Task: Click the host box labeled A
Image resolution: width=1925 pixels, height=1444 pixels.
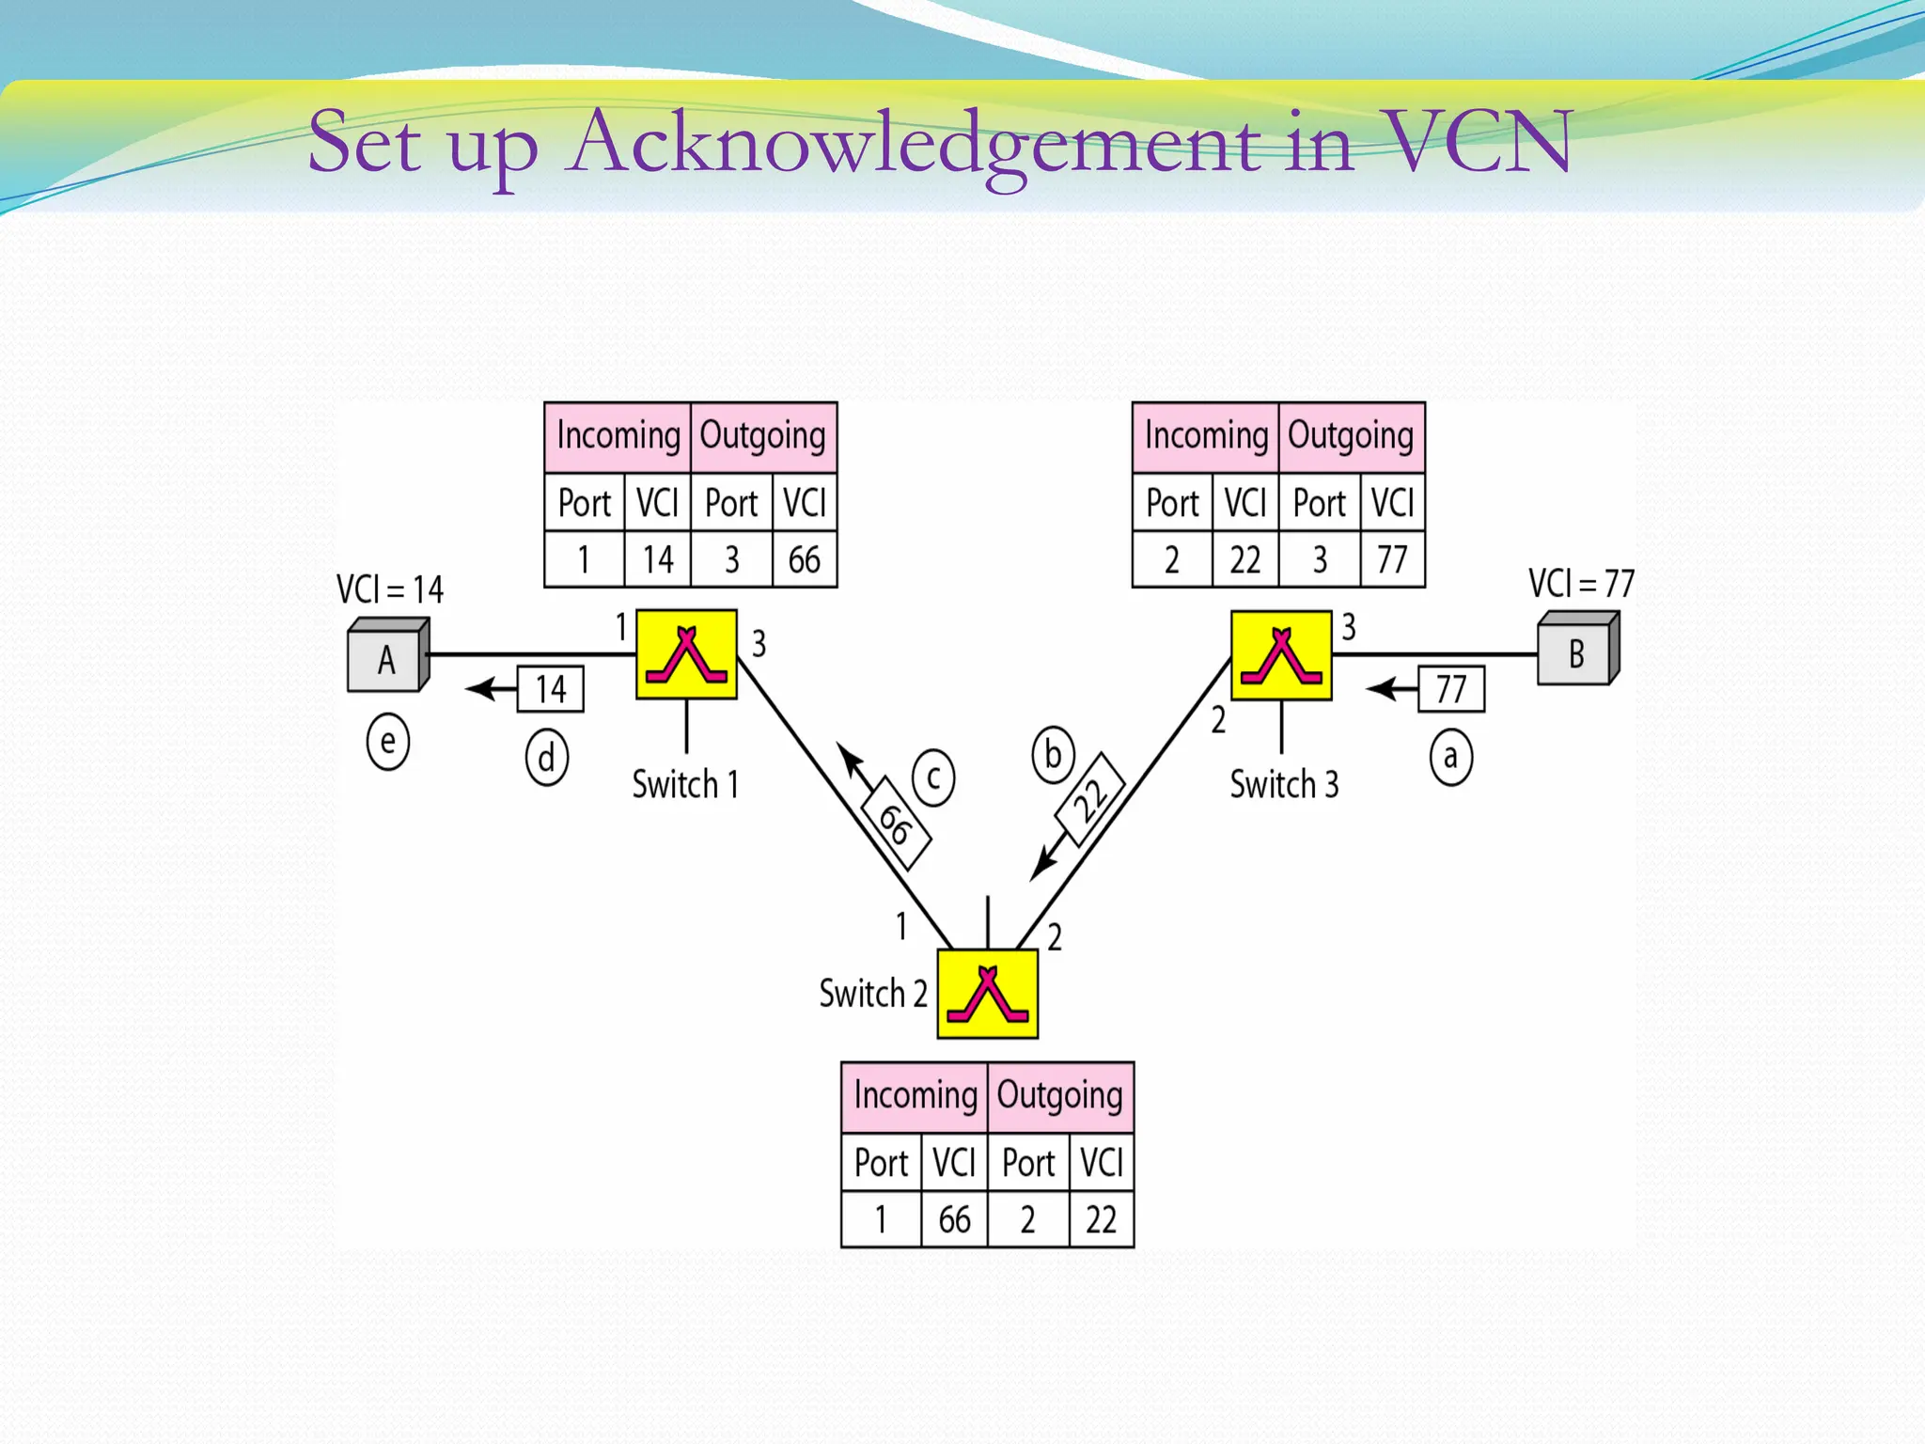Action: (x=386, y=658)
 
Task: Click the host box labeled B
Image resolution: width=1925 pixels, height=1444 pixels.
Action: (x=1576, y=652)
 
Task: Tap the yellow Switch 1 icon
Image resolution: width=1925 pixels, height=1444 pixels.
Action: (x=686, y=654)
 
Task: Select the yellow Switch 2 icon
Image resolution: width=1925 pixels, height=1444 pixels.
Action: (x=987, y=994)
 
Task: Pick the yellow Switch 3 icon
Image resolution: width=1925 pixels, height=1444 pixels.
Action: (x=1281, y=655)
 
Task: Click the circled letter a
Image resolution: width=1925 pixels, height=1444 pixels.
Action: (x=1450, y=757)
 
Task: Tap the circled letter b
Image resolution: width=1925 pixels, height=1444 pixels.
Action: (x=1053, y=755)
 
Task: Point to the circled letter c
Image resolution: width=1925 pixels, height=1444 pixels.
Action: (x=932, y=777)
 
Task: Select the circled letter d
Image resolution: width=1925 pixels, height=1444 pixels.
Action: (x=546, y=758)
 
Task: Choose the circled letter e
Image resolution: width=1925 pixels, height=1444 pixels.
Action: (x=387, y=742)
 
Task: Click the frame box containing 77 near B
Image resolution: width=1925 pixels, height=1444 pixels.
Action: (x=1450, y=689)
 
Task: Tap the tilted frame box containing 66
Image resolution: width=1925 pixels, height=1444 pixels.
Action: (x=895, y=824)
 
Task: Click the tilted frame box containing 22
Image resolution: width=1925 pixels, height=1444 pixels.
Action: (x=1090, y=800)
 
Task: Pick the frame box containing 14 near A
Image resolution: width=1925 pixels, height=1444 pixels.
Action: (x=551, y=689)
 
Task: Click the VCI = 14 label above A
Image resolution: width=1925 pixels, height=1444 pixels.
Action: (x=389, y=589)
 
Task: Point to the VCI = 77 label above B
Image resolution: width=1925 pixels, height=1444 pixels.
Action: (x=1581, y=584)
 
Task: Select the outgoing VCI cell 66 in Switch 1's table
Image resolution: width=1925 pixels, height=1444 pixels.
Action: (x=804, y=559)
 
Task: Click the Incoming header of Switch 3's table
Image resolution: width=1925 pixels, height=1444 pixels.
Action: (x=1205, y=436)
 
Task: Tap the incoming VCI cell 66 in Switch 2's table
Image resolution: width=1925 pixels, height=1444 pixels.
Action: (x=954, y=1219)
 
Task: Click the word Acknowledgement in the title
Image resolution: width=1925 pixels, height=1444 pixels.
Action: (x=916, y=143)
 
